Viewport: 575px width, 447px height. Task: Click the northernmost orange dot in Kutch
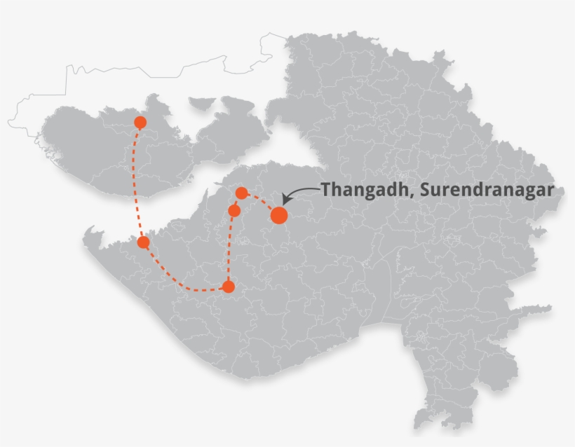(140, 123)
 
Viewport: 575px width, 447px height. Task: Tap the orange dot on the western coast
(144, 242)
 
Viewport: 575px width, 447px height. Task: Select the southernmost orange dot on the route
(228, 287)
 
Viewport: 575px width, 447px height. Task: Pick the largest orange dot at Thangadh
(279, 215)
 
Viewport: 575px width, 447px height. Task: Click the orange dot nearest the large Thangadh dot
(241, 193)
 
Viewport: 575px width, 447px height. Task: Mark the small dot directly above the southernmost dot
(234, 210)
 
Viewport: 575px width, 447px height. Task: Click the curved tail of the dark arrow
(309, 188)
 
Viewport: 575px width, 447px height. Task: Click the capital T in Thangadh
(326, 189)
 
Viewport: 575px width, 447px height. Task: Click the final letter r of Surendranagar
(551, 191)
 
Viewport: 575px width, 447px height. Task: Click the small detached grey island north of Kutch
(201, 103)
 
